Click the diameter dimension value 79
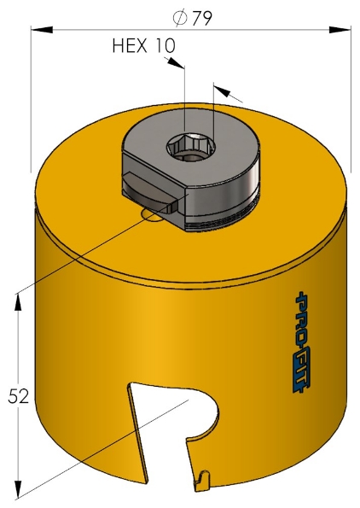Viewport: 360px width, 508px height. (202, 18)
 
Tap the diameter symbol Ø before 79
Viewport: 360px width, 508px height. (181, 18)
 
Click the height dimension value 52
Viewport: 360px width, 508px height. (18, 396)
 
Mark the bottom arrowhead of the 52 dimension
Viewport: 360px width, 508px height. (17, 493)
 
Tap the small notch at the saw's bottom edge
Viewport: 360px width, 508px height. (201, 485)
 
